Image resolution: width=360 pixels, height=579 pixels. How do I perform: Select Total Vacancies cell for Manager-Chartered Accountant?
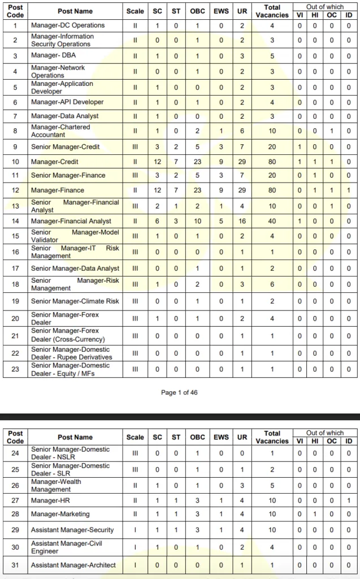pos(272,131)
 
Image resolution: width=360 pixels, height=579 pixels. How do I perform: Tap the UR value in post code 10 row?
pos(242,162)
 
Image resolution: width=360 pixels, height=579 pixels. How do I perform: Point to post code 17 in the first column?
pos(15,269)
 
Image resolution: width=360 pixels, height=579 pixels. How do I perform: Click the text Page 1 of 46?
pos(179,392)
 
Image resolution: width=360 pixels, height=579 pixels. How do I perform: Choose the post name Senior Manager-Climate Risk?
pos(75,301)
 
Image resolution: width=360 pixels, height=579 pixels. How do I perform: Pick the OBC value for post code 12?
pos(197,191)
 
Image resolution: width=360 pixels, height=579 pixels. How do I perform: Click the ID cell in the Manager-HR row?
pos(349,500)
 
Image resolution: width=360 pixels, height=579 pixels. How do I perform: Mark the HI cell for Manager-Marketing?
pos(315,515)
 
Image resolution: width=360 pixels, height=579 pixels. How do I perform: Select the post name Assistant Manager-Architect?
pos(73,565)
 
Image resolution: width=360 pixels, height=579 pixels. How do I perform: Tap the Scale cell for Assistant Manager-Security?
pos(135,530)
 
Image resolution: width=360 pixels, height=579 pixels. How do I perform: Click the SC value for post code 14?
pos(158,221)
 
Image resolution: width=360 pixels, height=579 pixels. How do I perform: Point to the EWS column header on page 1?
pos(221,11)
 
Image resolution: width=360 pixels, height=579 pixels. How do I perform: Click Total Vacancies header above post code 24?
pos(272,437)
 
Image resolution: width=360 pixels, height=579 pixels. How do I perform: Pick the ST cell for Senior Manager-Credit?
pos(176,147)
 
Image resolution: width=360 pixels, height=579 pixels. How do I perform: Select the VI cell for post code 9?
pos(300,147)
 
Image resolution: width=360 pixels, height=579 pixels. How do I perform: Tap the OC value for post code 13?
pos(332,206)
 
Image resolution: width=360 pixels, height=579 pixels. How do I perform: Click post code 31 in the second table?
pos(15,565)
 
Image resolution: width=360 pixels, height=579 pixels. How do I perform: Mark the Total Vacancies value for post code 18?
pos(272,284)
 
